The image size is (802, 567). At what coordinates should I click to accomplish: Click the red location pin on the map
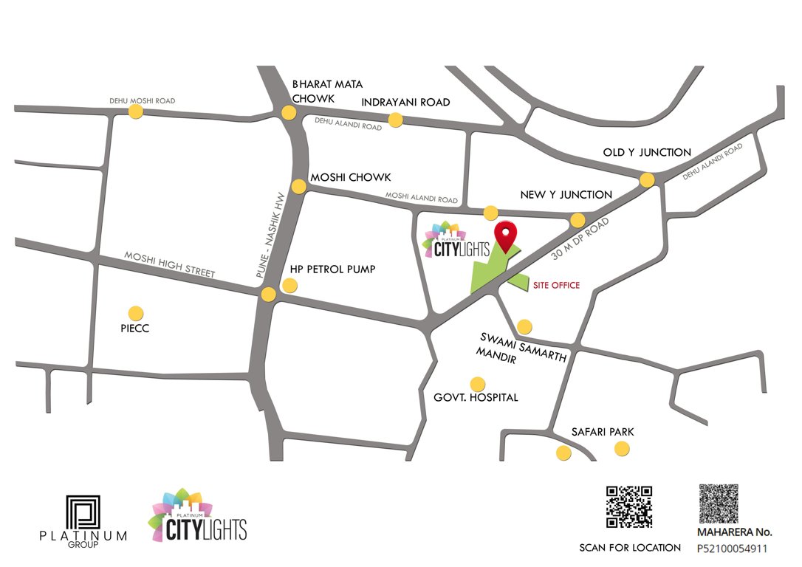(x=505, y=235)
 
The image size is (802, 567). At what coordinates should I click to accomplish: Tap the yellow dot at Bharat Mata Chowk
(x=289, y=113)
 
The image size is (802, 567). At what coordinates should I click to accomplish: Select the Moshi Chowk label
(x=350, y=178)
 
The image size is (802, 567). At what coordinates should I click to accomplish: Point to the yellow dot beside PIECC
(x=135, y=313)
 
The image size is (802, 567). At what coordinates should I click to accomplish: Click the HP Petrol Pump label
(x=332, y=269)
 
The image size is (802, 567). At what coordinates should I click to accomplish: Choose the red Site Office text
(x=556, y=285)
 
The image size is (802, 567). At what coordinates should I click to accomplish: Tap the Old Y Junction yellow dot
(x=647, y=179)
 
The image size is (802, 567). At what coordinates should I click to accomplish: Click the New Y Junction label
(x=566, y=195)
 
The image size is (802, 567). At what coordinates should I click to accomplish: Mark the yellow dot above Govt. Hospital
(x=478, y=384)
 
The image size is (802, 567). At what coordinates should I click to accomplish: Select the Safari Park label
(x=603, y=432)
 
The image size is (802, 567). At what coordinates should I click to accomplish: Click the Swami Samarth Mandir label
(x=523, y=348)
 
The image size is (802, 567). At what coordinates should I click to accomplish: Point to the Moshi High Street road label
(x=169, y=264)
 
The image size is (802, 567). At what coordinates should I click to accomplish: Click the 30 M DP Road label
(x=580, y=238)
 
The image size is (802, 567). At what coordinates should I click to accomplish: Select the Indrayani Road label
(x=405, y=103)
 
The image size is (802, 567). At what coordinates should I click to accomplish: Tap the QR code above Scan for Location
(x=629, y=507)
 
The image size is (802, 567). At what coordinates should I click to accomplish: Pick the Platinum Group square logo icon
(x=83, y=512)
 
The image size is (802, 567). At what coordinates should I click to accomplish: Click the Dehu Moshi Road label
(x=143, y=100)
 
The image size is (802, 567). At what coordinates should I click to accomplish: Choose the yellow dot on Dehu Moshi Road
(x=135, y=111)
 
